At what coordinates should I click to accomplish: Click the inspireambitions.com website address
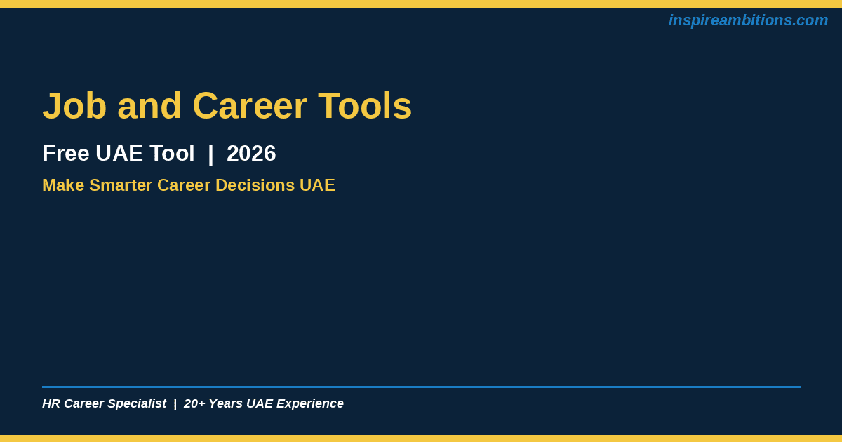coord(748,20)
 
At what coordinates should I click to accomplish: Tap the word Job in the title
coord(74,106)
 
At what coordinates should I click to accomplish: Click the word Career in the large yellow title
coord(250,106)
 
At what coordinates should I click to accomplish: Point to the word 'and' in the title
coord(149,106)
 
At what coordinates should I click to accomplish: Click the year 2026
coord(251,154)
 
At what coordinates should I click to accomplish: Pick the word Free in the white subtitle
coord(66,154)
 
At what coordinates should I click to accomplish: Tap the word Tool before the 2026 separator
coord(172,154)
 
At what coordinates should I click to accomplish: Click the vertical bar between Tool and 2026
coord(210,154)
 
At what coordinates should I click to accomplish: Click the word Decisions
coord(255,185)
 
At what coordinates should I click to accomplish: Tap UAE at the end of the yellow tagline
coord(317,185)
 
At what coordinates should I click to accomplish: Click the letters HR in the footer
coord(51,403)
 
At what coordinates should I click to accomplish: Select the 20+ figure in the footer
coord(194,403)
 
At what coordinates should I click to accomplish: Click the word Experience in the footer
coord(309,403)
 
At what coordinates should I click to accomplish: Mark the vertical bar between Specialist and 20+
coord(175,404)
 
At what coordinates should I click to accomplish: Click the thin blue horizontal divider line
coord(422,387)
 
